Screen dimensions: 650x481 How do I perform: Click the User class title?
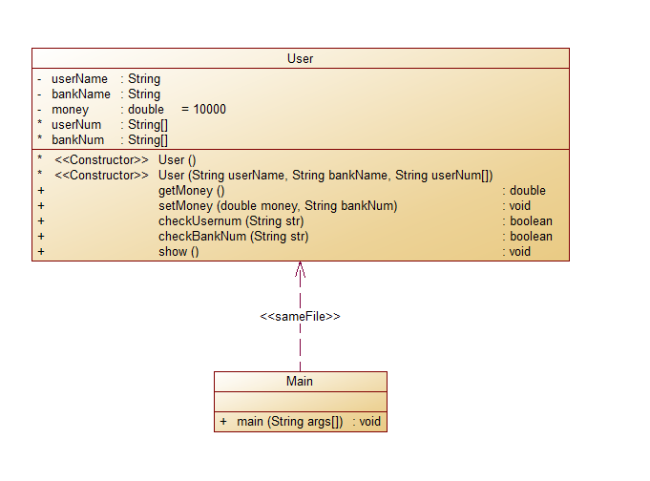point(300,59)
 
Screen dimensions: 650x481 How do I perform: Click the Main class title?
point(300,382)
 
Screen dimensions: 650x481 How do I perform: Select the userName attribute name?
point(79,79)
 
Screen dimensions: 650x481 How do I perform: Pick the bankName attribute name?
point(80,94)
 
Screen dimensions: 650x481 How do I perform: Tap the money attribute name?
point(70,110)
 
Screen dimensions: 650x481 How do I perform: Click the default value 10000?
point(209,110)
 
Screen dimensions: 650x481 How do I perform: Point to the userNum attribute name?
point(76,125)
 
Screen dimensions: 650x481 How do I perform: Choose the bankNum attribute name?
point(77,140)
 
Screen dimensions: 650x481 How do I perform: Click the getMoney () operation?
point(191,191)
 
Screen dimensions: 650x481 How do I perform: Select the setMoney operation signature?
point(278,206)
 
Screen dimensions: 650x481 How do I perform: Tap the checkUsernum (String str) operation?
point(233,221)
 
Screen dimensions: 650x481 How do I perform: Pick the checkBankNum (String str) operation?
point(234,237)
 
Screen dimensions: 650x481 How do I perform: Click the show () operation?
point(178,252)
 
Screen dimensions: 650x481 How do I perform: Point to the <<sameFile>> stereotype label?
point(300,316)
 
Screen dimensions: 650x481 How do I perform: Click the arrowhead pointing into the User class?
point(300,268)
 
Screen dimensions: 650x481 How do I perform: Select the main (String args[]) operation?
point(289,422)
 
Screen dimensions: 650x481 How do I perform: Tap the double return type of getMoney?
point(527,191)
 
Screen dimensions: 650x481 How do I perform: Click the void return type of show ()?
point(519,252)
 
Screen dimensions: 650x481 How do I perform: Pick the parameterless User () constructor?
point(177,160)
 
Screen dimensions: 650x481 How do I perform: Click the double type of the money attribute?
point(146,110)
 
